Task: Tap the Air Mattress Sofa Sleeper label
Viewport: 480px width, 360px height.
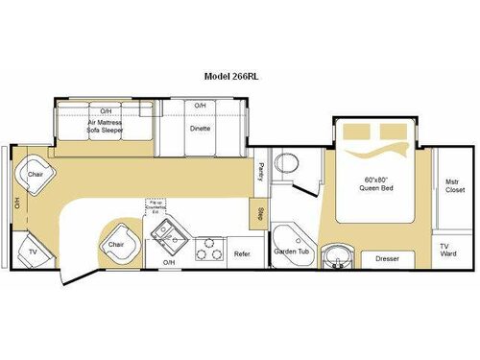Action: click(106, 128)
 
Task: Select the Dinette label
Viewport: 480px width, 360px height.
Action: click(201, 128)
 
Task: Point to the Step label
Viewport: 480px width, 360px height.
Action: click(259, 211)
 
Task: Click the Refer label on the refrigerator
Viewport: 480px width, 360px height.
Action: click(242, 254)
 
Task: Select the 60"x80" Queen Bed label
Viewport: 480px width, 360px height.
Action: click(377, 184)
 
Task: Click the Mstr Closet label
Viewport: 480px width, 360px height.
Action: click(451, 185)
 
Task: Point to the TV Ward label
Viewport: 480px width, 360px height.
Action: click(445, 250)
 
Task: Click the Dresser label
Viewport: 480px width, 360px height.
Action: click(387, 258)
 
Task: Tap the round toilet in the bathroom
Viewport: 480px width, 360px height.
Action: click(284, 161)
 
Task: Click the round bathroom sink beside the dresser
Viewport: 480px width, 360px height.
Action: click(338, 256)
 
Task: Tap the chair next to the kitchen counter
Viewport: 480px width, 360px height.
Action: click(117, 244)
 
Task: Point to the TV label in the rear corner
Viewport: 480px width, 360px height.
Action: click(32, 252)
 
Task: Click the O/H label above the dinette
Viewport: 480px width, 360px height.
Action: click(200, 105)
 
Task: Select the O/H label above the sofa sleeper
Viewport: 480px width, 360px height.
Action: click(106, 111)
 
